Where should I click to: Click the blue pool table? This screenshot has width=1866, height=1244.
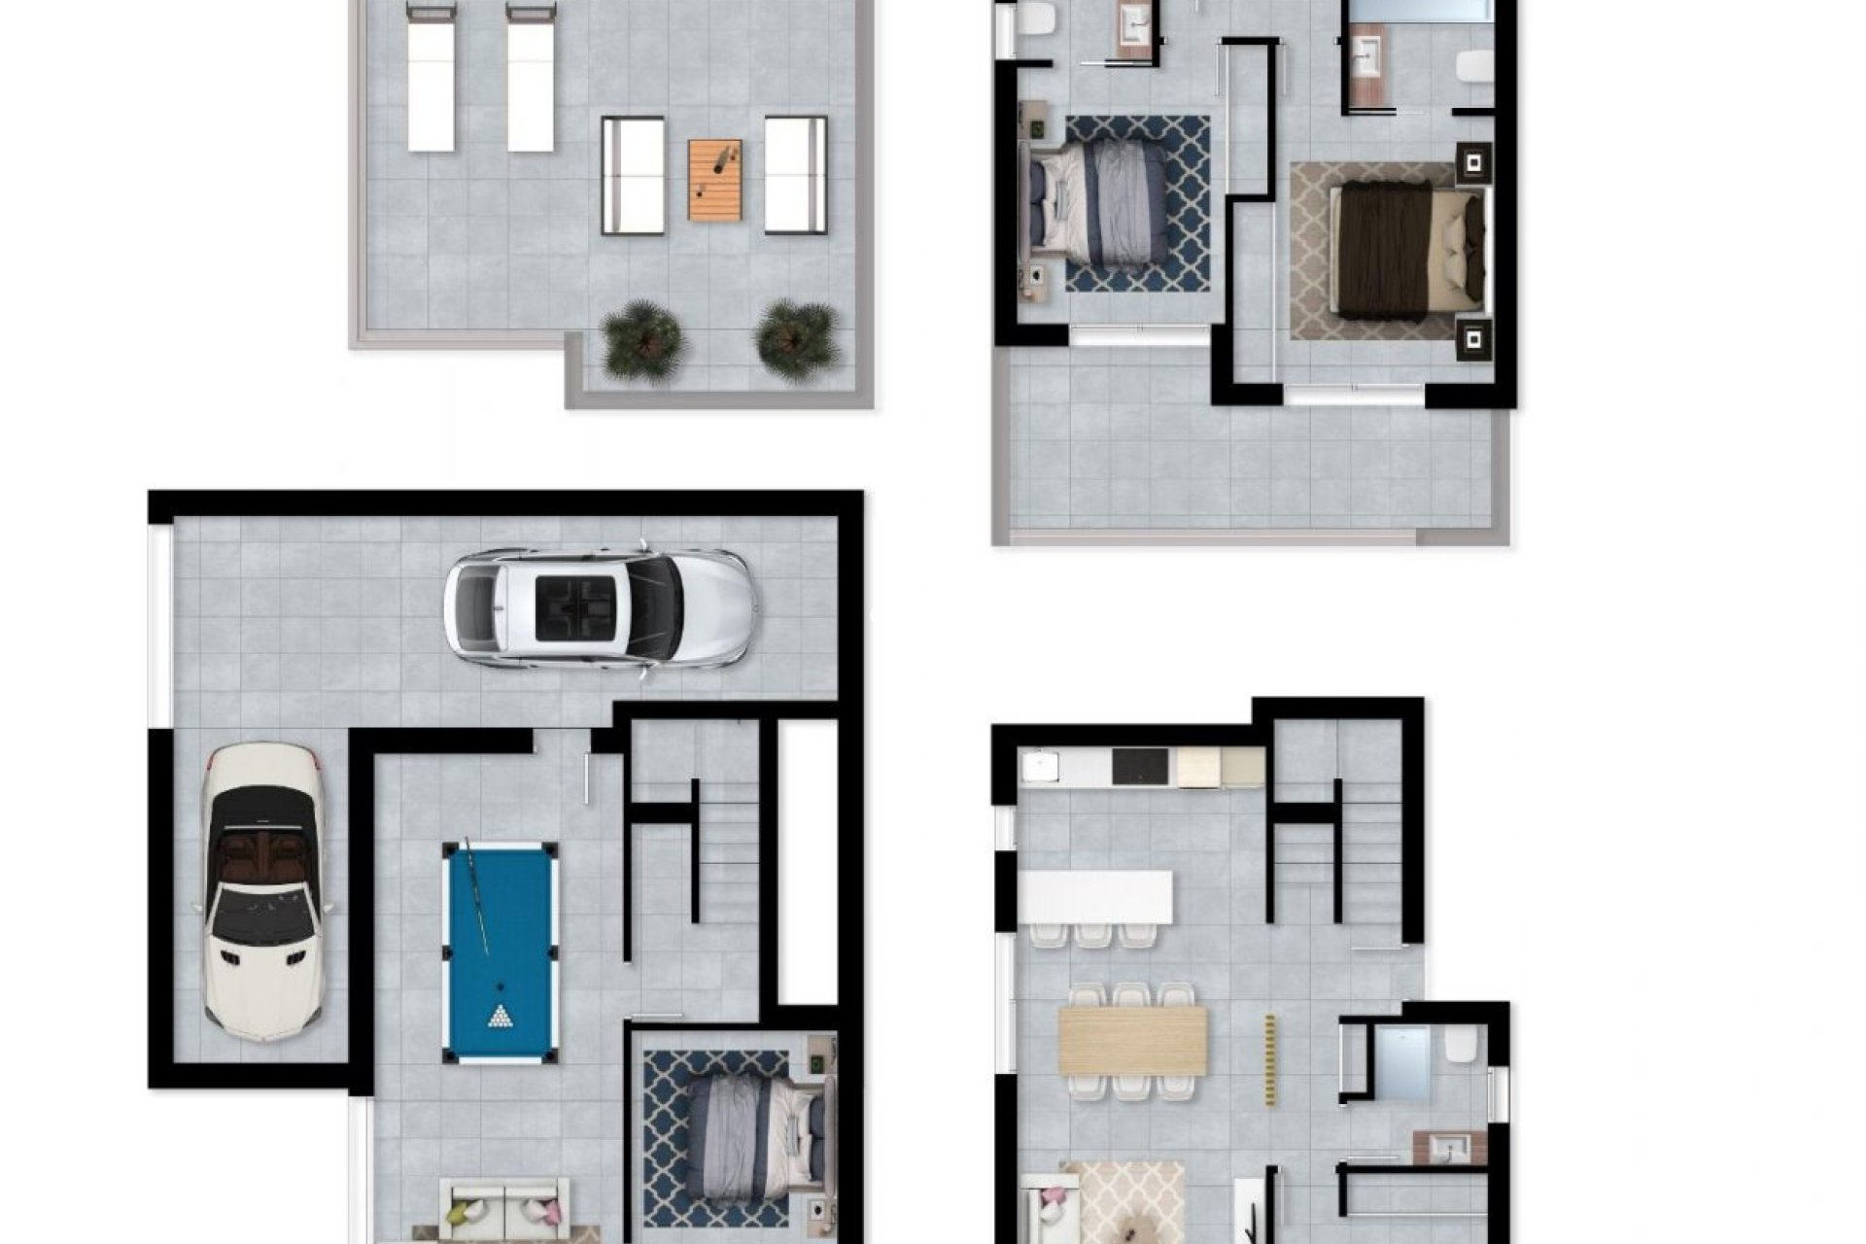pyautogui.click(x=500, y=950)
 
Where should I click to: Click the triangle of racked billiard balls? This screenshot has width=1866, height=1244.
pyautogui.click(x=501, y=1017)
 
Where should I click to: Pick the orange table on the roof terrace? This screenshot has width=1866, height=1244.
pyautogui.click(x=715, y=180)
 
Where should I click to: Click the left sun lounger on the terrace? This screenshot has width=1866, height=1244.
pyautogui.click(x=432, y=78)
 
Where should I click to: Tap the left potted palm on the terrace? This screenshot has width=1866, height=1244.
pyautogui.click(x=642, y=340)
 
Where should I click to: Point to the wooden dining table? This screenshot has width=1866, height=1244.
pyautogui.click(x=1132, y=1039)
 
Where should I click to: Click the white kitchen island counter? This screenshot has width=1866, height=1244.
pyautogui.click(x=1095, y=897)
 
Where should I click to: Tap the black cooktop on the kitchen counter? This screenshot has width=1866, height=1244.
pyautogui.click(x=1143, y=767)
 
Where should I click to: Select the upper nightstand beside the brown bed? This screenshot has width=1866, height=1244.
pyautogui.click(x=1474, y=162)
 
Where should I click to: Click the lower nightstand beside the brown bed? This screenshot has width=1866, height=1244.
pyautogui.click(x=1474, y=339)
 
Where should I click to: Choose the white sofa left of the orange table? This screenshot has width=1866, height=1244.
pyautogui.click(x=633, y=175)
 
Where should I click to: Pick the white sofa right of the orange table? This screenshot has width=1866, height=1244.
pyautogui.click(x=795, y=175)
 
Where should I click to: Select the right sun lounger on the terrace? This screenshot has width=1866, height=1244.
pyautogui.click(x=531, y=78)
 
